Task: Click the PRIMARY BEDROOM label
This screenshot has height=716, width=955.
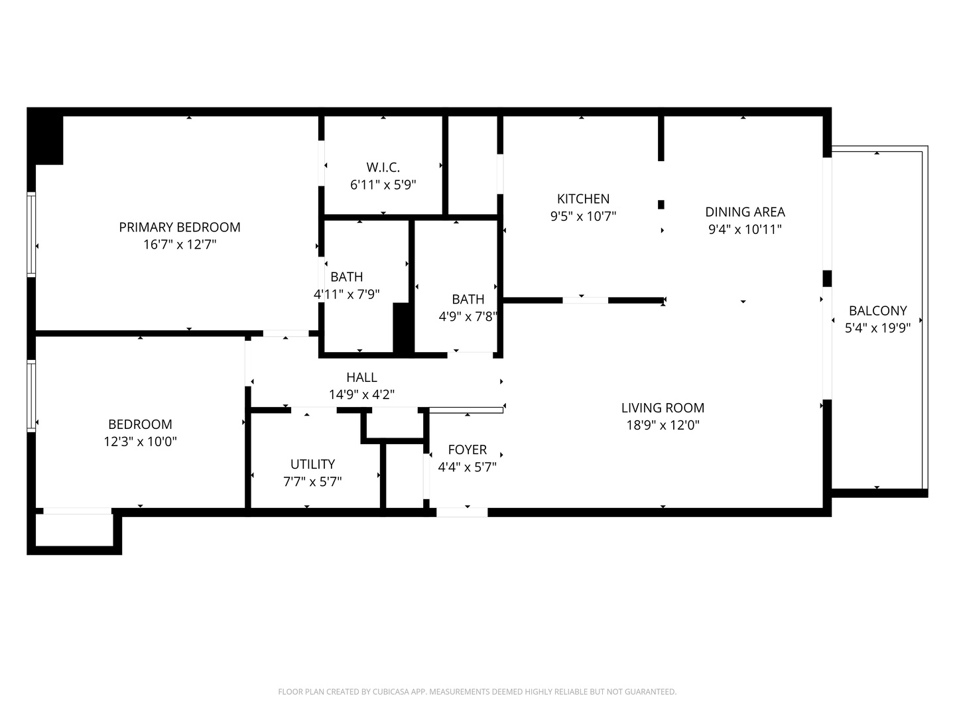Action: (x=180, y=227)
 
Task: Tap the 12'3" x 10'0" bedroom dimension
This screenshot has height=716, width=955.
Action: (x=141, y=442)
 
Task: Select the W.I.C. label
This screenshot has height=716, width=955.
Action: (x=383, y=168)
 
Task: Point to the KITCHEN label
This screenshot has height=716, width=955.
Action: (x=583, y=199)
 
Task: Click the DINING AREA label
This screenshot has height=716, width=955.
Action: (x=745, y=212)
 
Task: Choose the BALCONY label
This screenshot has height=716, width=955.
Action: (x=877, y=310)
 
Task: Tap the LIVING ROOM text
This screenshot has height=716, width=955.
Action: (x=663, y=408)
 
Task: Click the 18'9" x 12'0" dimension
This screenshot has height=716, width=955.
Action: (x=663, y=425)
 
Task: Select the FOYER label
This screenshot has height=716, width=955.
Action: (x=467, y=449)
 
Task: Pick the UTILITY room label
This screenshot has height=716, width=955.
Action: (x=312, y=464)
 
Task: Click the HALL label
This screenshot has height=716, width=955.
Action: (x=361, y=377)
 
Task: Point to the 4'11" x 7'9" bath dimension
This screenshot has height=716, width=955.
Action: (x=346, y=294)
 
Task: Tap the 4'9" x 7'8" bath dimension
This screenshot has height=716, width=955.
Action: (x=468, y=317)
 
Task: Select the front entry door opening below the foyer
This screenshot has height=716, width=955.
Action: (x=462, y=512)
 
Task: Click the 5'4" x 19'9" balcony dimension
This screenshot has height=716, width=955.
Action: (x=877, y=328)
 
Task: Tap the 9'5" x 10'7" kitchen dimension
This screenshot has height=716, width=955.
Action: (x=583, y=216)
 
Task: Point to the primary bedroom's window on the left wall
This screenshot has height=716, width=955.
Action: (x=31, y=233)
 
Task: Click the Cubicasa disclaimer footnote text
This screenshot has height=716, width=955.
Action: (x=477, y=691)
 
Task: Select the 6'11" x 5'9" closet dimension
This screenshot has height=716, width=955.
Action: (x=383, y=185)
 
